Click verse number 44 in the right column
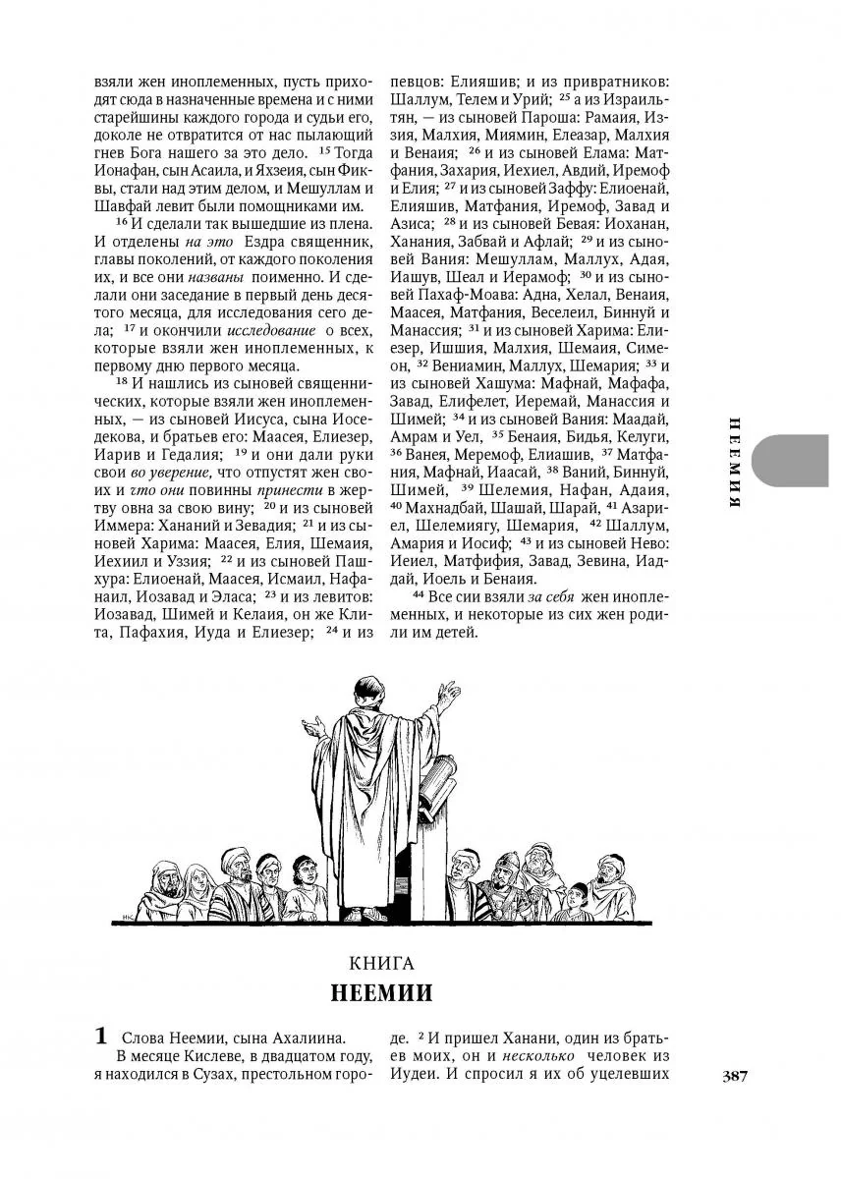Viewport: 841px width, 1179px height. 418,596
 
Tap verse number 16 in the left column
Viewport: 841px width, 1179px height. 122,224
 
